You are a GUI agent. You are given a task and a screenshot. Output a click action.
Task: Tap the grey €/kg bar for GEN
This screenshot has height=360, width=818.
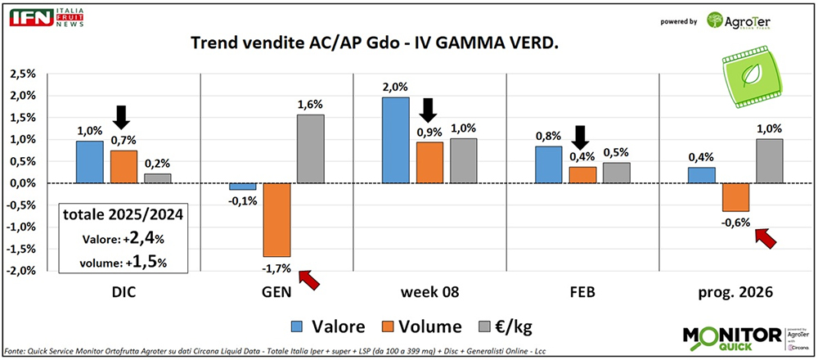309,148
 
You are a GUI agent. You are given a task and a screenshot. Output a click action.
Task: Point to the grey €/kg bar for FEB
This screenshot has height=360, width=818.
617,173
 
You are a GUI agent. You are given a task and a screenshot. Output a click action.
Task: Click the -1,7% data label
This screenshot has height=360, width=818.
273,268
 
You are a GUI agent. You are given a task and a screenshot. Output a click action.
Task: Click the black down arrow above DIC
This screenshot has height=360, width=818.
122,117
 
